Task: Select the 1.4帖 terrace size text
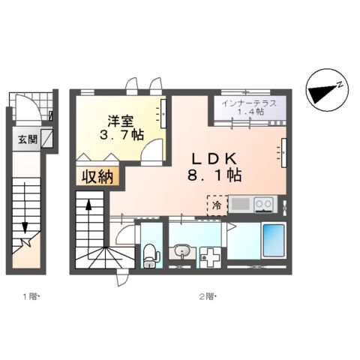click(x=250, y=112)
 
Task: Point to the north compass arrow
click(x=324, y=90)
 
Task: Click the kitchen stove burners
click(x=264, y=202)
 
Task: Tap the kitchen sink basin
click(x=241, y=202)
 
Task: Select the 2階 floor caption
click(x=207, y=298)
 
